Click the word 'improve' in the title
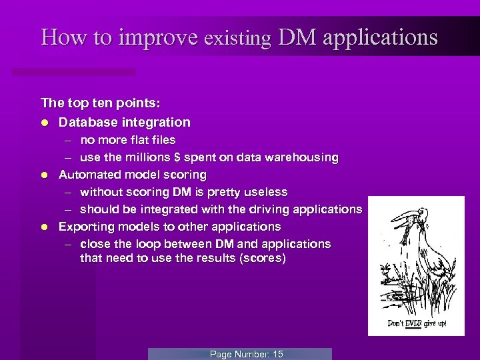(159, 37)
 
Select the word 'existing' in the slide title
(238, 38)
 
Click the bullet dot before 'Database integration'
(44, 123)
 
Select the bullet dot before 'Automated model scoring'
(44, 175)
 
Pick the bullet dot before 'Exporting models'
(44, 227)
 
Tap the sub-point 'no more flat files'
(127, 140)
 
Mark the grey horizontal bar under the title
(73, 71)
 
